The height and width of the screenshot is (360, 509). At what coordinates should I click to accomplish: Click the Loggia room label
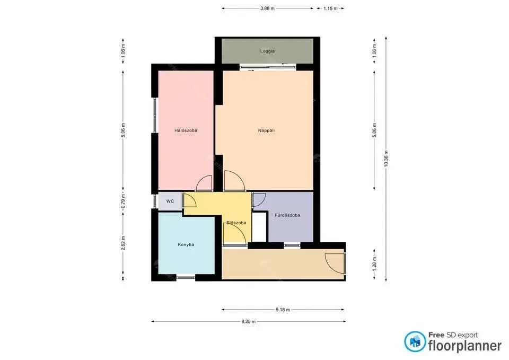[267, 51]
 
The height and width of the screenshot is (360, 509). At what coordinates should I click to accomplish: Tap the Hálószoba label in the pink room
[186, 130]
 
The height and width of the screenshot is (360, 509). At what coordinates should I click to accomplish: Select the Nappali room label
[266, 130]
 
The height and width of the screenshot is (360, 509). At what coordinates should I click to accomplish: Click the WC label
[170, 201]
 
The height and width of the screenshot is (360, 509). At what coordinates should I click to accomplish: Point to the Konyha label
[186, 244]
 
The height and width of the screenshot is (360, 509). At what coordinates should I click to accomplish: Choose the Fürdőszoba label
[287, 215]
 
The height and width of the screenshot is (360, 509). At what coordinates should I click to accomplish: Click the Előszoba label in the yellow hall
[236, 223]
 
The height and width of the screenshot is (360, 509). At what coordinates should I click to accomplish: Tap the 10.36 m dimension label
[386, 159]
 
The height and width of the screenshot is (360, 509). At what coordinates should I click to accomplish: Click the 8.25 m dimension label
[248, 321]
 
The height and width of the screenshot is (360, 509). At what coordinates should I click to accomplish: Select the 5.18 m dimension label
[283, 310]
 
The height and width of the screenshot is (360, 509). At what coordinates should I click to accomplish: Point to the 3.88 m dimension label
[267, 8]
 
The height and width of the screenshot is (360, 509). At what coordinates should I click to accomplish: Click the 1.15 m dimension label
[330, 8]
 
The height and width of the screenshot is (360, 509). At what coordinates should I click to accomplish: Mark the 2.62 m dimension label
[123, 243]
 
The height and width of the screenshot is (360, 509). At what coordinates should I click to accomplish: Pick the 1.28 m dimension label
[374, 264]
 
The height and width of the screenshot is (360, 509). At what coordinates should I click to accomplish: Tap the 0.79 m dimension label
[123, 201]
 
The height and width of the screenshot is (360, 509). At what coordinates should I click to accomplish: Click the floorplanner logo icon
[415, 341]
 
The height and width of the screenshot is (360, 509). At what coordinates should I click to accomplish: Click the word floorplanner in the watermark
[465, 346]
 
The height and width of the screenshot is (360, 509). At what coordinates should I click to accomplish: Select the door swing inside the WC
[190, 200]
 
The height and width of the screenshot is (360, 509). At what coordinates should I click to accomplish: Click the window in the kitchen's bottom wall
[186, 277]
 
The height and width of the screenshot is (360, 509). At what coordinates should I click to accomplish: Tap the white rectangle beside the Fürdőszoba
[259, 226]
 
